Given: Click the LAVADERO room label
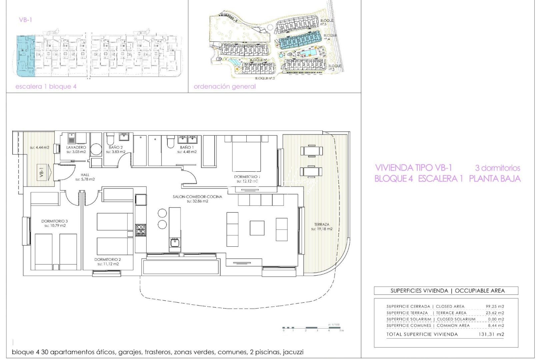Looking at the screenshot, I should [x=76, y=147].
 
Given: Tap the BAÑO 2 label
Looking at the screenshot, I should [x=116, y=147].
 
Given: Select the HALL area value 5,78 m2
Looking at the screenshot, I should [x=85, y=179].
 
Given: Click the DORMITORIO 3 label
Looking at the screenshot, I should [x=55, y=221].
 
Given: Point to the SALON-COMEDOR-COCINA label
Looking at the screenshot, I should [x=197, y=197].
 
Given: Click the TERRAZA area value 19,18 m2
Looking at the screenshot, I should [x=322, y=229].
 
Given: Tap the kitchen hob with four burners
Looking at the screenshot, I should [x=140, y=230].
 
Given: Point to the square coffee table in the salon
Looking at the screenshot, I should [x=257, y=228].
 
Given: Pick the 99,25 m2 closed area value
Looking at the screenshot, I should [x=495, y=306].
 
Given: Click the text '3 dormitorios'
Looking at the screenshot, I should [x=497, y=168].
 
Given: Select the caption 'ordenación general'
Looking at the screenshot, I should [x=225, y=87].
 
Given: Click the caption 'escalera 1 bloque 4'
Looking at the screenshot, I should [x=46, y=87].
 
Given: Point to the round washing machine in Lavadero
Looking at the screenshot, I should [x=96, y=149].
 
